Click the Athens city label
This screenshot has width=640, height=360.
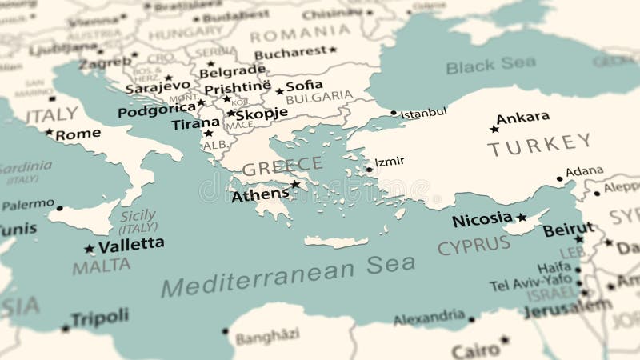[x=260, y=194]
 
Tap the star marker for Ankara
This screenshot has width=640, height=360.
[x=494, y=129]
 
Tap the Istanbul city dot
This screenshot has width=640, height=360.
[x=394, y=113]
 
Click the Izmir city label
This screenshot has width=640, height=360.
[x=390, y=162]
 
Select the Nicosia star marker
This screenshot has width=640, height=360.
[x=522, y=217]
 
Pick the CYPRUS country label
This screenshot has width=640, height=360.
[x=474, y=246]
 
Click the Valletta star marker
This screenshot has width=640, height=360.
[x=89, y=248]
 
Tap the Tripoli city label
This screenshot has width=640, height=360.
[x=99, y=318]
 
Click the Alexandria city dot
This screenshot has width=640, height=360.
[x=471, y=319]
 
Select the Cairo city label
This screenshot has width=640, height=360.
[x=475, y=350]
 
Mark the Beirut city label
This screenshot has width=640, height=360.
[x=568, y=230]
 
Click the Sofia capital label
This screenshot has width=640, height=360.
[x=304, y=85]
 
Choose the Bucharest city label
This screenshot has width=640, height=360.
[x=290, y=53]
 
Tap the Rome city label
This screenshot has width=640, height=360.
[x=78, y=134]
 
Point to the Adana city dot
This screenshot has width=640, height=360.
[x=559, y=179]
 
